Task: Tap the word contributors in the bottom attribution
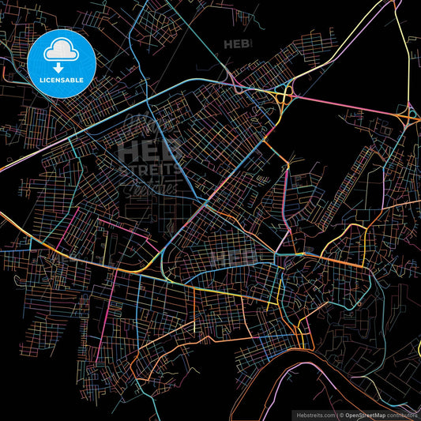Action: tap(402, 414)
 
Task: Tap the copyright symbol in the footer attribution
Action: tap(340, 414)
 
